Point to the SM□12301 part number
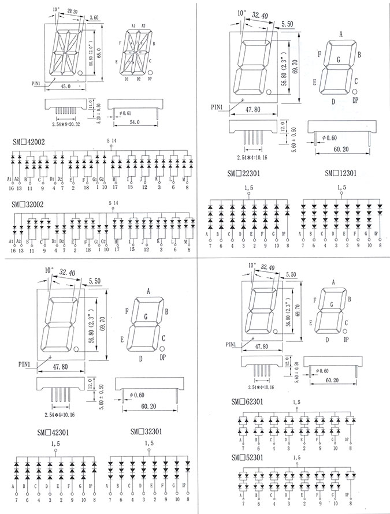point(340,173)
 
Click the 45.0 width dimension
point(65,86)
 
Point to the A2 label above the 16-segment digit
point(143,26)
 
